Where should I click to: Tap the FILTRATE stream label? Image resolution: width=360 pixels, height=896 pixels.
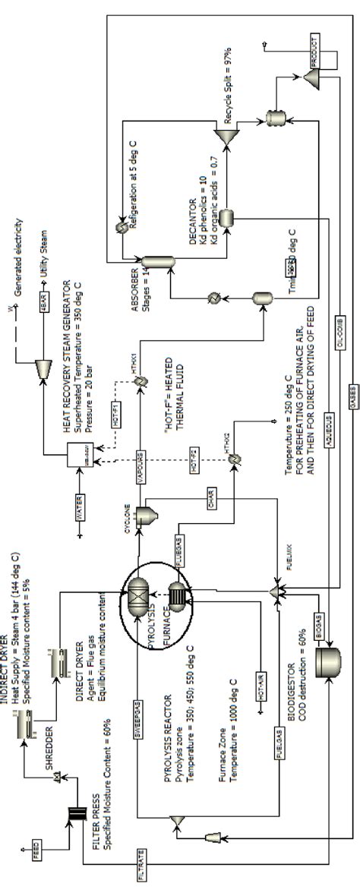(141, 866)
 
